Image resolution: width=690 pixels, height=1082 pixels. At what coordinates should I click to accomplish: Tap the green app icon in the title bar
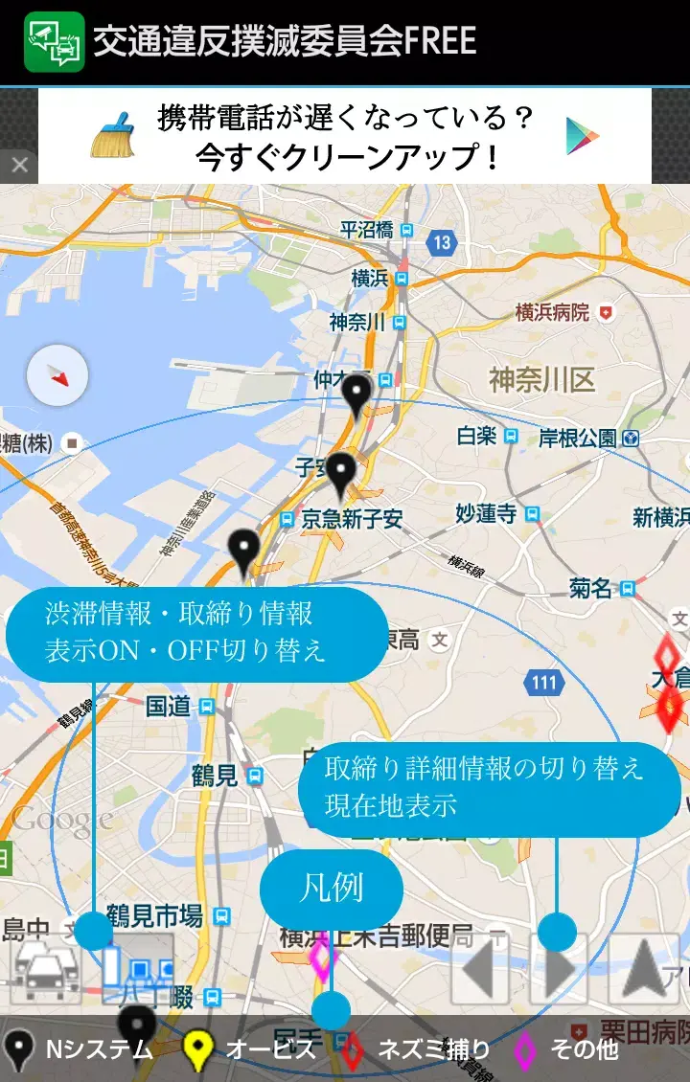54,41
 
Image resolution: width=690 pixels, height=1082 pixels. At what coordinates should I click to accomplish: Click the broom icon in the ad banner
113,135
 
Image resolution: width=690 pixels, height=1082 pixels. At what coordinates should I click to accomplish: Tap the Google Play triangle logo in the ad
582,135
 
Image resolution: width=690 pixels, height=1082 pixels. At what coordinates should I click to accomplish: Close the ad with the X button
19,167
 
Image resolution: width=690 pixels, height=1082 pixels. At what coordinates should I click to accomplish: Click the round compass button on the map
57,375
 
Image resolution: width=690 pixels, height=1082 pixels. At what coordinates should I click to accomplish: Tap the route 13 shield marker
441,242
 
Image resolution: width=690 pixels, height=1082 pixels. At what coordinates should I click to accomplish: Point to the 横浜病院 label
552,312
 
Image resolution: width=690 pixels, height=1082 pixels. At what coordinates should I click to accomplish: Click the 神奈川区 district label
541,380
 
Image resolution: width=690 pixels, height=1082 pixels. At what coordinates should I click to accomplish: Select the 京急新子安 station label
352,519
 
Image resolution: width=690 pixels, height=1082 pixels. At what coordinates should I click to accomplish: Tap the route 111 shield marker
543,683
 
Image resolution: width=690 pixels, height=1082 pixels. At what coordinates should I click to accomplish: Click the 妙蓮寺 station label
486,514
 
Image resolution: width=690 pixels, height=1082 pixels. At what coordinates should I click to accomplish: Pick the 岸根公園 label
577,439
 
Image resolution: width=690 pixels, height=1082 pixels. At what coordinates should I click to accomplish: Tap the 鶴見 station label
215,775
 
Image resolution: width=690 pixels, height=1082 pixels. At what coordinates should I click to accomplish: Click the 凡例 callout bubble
332,888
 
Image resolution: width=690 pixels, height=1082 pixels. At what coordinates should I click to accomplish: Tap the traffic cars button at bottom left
45,969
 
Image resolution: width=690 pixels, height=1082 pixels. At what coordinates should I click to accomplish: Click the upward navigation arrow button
644,969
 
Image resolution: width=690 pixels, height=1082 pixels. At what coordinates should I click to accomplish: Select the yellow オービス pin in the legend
197,1050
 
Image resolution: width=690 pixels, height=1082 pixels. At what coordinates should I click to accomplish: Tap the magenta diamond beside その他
525,1050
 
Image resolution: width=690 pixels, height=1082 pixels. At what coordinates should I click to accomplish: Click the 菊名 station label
591,588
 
